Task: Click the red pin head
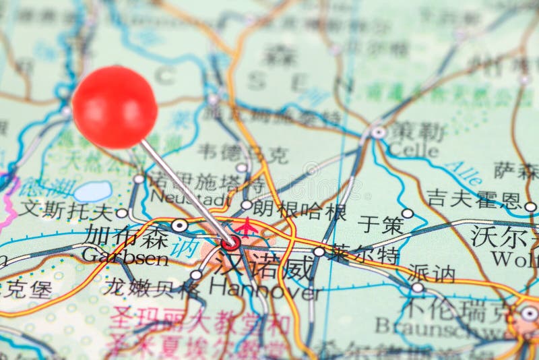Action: pyautogui.click(x=115, y=107)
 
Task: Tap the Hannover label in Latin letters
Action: pyautogui.click(x=264, y=289)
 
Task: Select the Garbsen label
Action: pyautogui.click(x=125, y=257)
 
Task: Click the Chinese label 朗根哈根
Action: pyautogui.click(x=299, y=210)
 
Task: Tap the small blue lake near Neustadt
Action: pyautogui.click(x=93, y=191)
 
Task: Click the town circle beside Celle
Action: pyautogui.click(x=379, y=133)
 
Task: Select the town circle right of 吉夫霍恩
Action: pyautogui.click(x=530, y=207)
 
